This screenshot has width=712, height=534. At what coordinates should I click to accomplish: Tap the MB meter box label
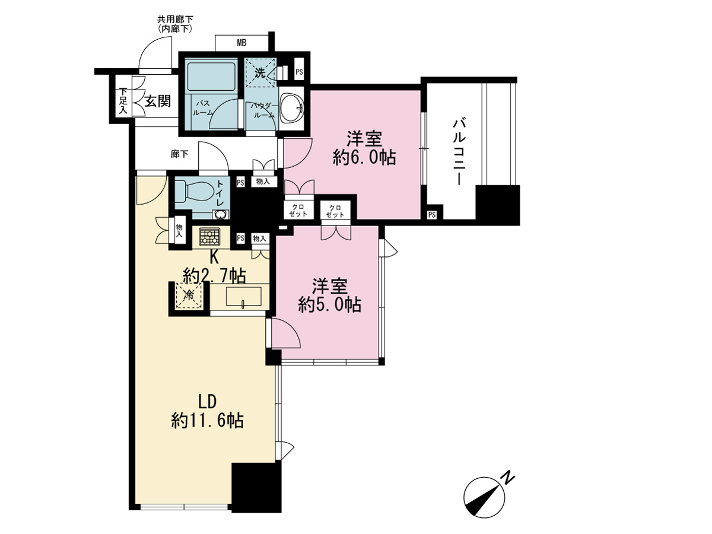click(241, 43)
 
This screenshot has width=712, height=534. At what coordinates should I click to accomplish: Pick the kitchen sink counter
click(244, 297)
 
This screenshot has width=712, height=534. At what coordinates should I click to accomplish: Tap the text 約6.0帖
click(364, 158)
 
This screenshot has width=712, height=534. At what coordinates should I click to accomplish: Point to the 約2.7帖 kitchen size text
click(214, 275)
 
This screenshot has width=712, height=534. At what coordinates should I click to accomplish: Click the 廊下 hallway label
click(179, 154)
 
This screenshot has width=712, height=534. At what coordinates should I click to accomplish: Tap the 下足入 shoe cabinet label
click(123, 101)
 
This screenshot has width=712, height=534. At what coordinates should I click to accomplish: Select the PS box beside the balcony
click(432, 215)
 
